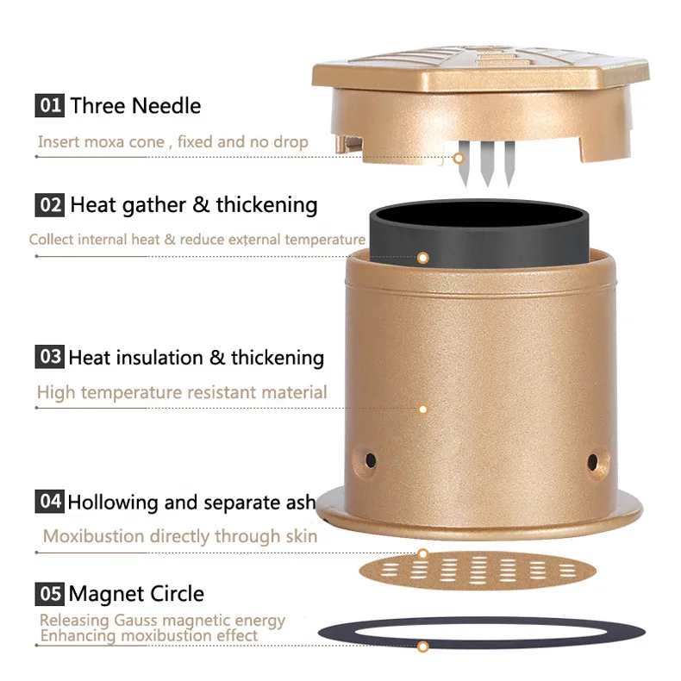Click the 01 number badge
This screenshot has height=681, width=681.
coord(49,105)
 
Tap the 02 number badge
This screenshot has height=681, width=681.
coord(49,204)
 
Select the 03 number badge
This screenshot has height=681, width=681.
coord(49,357)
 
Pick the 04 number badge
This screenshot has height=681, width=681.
coord(49,502)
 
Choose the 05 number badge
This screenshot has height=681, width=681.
coord(49,594)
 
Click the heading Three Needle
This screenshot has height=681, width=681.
coord(135,106)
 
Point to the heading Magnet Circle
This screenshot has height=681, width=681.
coord(136,594)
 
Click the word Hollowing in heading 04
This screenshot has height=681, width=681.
coord(112,503)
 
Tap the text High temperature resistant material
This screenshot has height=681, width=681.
coord(182,392)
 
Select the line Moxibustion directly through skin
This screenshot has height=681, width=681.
coord(180,536)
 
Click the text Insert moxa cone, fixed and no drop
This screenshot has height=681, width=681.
coord(173,142)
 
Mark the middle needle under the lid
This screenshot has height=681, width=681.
coord(487,164)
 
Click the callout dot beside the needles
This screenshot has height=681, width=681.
coord(459,159)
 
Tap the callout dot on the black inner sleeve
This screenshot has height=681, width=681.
coord(423,258)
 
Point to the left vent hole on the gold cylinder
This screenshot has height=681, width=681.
coord(371,460)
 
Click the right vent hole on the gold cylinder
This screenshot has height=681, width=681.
coord(592,462)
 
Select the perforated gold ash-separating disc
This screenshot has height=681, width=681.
coord(478,571)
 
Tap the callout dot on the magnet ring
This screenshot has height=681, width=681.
coord(423,647)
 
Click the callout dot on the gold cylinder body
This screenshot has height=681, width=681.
coord(422,409)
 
